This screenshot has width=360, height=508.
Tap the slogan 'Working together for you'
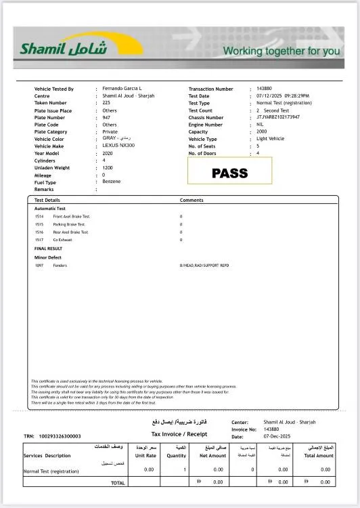pos(281,51)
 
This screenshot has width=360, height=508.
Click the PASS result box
pos(229,172)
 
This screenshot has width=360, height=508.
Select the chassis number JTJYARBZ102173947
pos(278,117)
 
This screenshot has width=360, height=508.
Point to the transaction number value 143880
pos(264,89)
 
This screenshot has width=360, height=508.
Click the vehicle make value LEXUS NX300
pos(118,146)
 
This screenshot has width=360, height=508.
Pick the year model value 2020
pos(108,153)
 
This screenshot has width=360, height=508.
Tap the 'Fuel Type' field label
pos(45,182)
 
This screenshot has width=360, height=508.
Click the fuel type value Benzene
pos(112,182)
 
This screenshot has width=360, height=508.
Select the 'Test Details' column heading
pos(47,200)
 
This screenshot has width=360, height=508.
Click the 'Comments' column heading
pos(192,200)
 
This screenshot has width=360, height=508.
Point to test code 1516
pos(39,232)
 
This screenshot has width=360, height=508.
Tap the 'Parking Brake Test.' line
pos(70,224)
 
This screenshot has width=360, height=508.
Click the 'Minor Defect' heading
pos(49,257)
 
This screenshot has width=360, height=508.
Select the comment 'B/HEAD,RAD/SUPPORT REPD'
pos(204,266)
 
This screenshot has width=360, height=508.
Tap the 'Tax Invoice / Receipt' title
pos(179,433)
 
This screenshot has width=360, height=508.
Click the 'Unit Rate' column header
pos(145,456)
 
